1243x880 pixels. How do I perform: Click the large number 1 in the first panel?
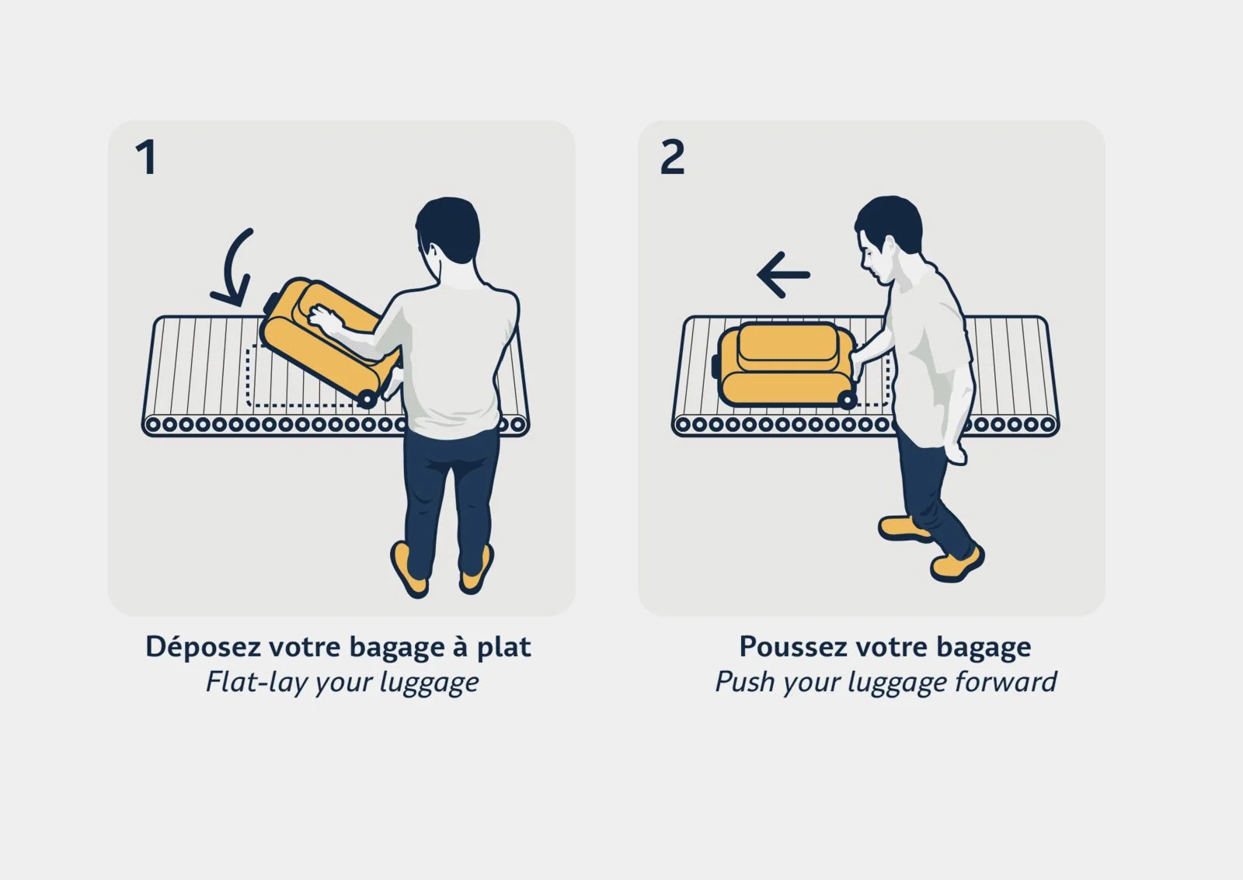[x=147, y=158]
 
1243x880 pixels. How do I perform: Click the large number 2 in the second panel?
[x=673, y=158]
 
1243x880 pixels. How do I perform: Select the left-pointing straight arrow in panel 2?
[x=783, y=275]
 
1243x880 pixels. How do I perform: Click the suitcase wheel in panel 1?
[x=367, y=399]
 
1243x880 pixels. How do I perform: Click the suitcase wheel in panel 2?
[x=847, y=400]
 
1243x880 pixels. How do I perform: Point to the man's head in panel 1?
[x=447, y=229]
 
